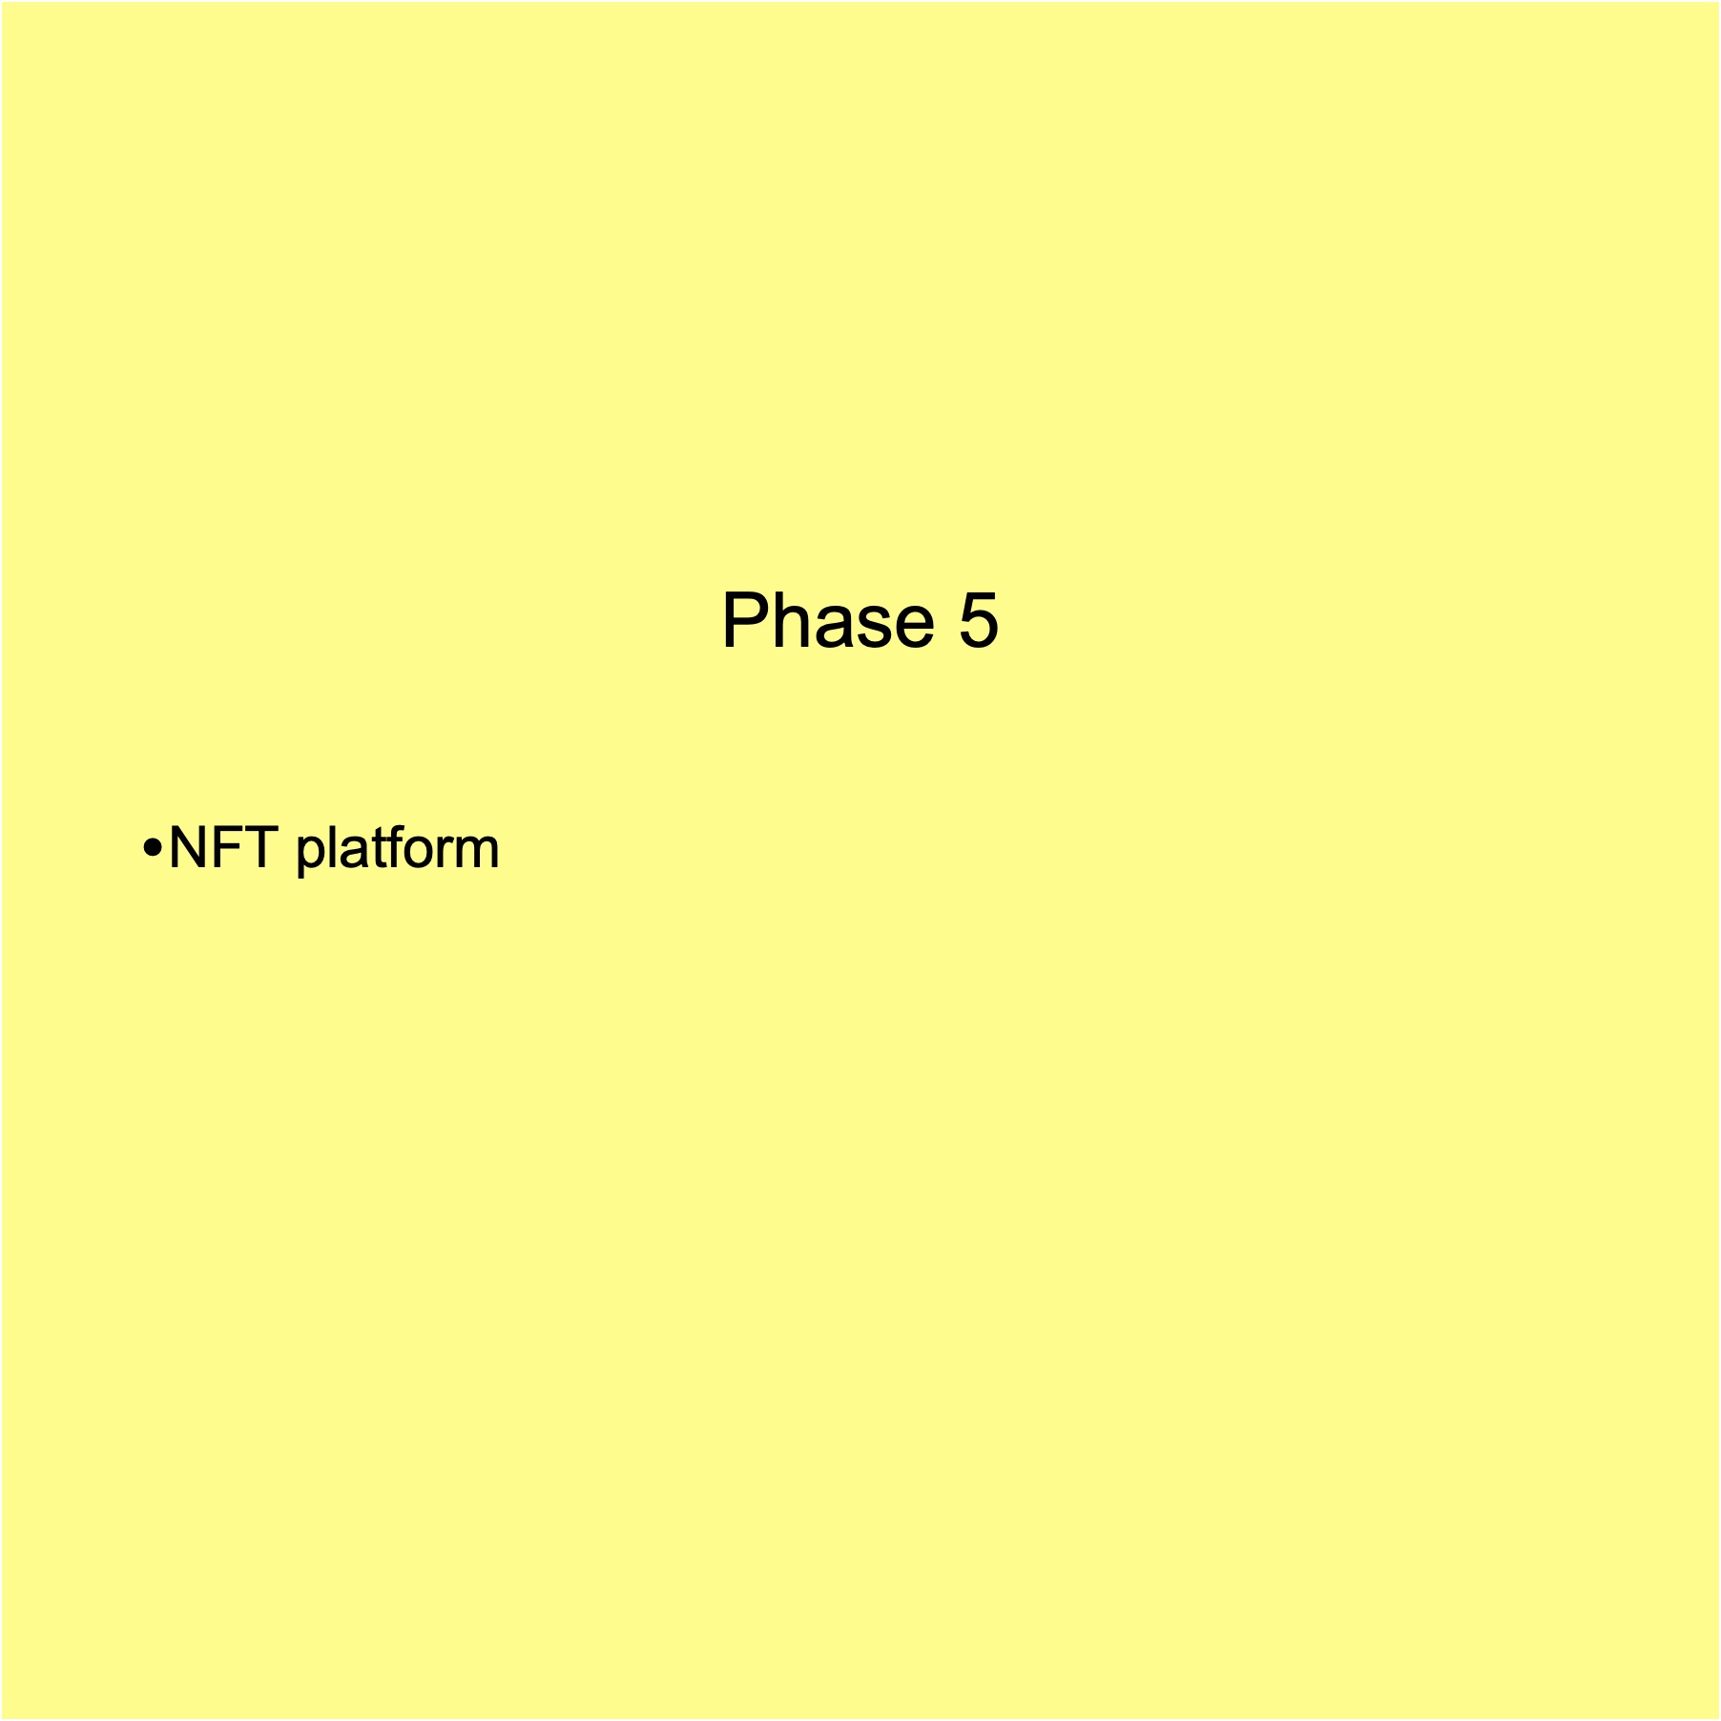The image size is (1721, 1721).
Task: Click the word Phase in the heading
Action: coord(828,620)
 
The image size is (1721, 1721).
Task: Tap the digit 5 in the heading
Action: coord(978,620)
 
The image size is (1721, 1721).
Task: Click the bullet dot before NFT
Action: coord(152,847)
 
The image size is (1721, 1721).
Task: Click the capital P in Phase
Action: coord(745,620)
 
